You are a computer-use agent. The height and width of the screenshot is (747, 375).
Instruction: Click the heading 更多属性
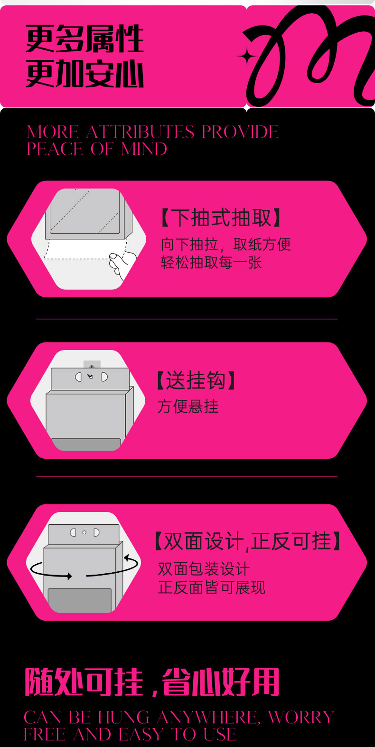coord(84,39)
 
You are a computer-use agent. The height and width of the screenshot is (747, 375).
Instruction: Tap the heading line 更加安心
coord(84,74)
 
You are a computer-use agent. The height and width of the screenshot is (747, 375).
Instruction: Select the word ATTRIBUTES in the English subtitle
coord(141,132)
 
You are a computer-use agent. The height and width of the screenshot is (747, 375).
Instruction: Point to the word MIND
coord(144,149)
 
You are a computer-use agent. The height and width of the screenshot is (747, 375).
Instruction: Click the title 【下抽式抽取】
coord(221,218)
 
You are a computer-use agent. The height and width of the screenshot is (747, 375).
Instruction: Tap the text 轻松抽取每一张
coord(211,263)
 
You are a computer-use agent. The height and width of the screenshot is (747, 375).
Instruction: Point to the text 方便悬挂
coord(188,407)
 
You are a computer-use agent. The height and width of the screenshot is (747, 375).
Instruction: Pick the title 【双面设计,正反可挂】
coord(247,541)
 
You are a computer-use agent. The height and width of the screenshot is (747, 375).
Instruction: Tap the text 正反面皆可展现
coord(211,588)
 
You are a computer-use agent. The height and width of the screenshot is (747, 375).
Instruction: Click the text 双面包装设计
coord(204,569)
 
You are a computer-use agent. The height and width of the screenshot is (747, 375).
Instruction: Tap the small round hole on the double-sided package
coord(84,532)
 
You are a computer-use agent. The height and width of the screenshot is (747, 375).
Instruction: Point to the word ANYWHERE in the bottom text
coord(208,717)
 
